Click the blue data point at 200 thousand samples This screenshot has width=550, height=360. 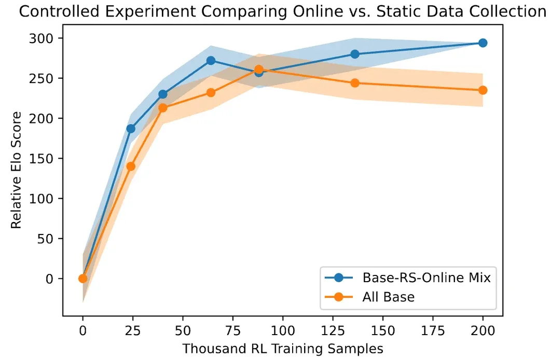pos(483,43)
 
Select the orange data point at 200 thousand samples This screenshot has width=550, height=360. pos(483,90)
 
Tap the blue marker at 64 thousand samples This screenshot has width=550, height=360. pos(211,61)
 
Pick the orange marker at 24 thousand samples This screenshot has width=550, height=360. pos(131,167)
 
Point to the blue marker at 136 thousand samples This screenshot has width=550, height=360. pos(355,54)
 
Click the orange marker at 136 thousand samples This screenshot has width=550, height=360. pos(355,83)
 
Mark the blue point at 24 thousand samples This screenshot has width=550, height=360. pos(131,129)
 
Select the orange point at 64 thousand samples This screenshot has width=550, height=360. pos(211,93)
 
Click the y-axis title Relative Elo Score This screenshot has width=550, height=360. pos(17,170)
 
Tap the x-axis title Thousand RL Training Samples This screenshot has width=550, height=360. pos(283,348)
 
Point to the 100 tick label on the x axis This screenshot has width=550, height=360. pos(283,330)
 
